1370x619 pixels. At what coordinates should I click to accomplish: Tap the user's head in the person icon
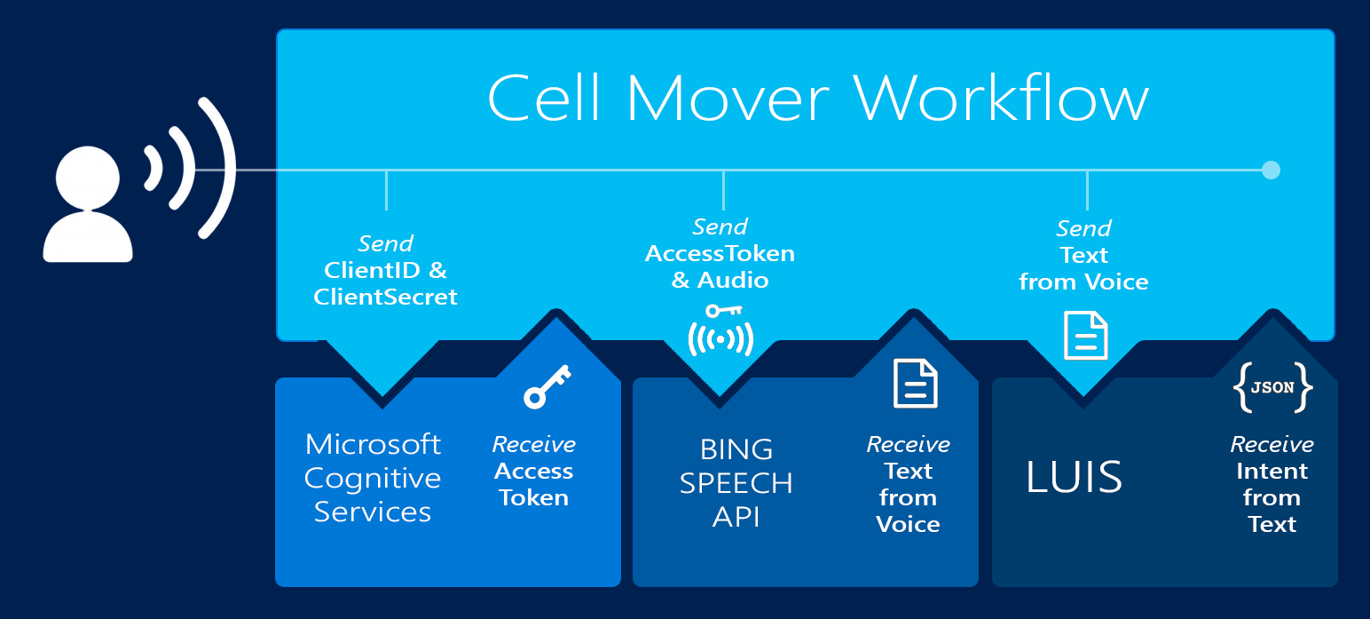(x=88, y=176)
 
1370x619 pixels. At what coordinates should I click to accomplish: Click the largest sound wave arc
(x=218, y=168)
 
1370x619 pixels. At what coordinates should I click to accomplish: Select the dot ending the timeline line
(x=1271, y=170)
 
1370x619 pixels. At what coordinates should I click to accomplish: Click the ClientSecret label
(x=386, y=297)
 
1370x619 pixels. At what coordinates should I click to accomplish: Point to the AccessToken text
(x=720, y=254)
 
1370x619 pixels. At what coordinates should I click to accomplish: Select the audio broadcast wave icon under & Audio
(x=720, y=338)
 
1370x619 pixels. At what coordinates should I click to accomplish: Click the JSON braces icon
(x=1272, y=388)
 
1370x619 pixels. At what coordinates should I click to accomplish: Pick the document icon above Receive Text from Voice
(x=915, y=384)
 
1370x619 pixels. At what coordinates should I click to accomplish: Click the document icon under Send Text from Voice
(x=1086, y=336)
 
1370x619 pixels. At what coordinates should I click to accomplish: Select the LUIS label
(x=1074, y=477)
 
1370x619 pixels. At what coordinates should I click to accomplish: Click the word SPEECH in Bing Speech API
(x=736, y=483)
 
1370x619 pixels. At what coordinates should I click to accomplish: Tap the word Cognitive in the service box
(x=373, y=478)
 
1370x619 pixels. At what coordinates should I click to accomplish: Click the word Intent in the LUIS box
(x=1272, y=471)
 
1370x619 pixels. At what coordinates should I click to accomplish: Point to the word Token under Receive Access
(x=533, y=497)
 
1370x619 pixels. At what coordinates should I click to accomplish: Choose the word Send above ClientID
(x=386, y=243)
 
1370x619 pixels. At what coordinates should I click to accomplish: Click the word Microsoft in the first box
(x=373, y=444)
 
